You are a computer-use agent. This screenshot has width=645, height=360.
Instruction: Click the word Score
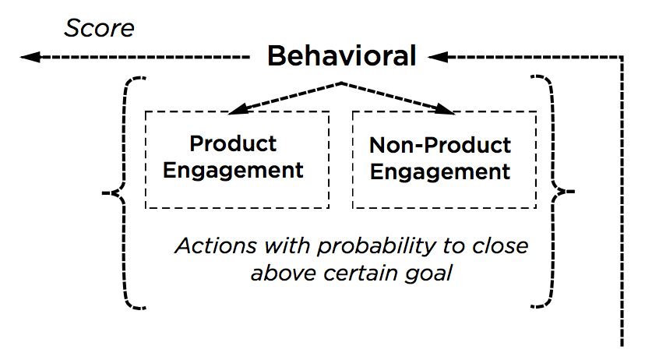[x=99, y=28]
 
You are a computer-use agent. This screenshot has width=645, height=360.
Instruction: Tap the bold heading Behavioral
[x=342, y=55]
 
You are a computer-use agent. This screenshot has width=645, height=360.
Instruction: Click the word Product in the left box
[x=233, y=144]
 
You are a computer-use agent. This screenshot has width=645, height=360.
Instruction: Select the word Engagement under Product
[x=233, y=171]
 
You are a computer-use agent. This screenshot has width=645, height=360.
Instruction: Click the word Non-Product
[x=439, y=145]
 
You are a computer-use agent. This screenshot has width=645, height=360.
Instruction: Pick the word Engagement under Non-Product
[x=439, y=171]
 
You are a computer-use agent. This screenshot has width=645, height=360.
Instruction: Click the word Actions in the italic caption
[x=216, y=245]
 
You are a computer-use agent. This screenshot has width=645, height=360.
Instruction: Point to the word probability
[x=376, y=247]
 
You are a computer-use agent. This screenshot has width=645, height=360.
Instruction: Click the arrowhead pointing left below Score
[x=30, y=57]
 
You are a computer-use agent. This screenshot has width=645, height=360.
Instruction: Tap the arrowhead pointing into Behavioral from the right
[x=438, y=57]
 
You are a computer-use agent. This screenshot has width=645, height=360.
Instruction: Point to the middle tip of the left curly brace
[x=103, y=192]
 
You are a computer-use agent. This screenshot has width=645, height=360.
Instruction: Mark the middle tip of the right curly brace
[x=573, y=192]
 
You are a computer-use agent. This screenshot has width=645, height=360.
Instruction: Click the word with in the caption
[x=287, y=245]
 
